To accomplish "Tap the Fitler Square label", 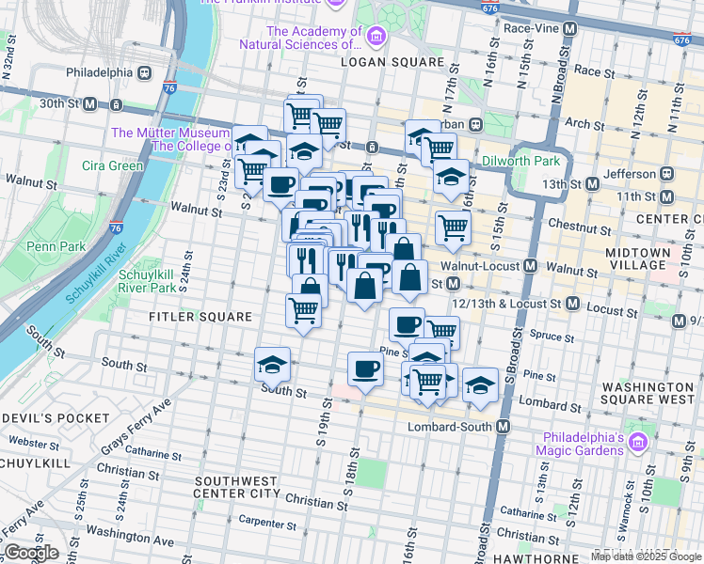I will (x=200, y=317).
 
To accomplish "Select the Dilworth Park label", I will (x=520, y=161).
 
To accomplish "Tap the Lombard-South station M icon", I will (x=504, y=427).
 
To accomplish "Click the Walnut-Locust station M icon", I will (x=531, y=266).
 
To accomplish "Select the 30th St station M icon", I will (x=89, y=104).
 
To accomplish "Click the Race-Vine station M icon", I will (x=568, y=28).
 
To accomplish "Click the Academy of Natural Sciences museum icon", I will (x=376, y=37).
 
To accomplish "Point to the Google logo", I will (x=31, y=553).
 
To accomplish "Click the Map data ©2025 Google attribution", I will (x=647, y=556).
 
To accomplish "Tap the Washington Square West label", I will (x=648, y=394).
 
